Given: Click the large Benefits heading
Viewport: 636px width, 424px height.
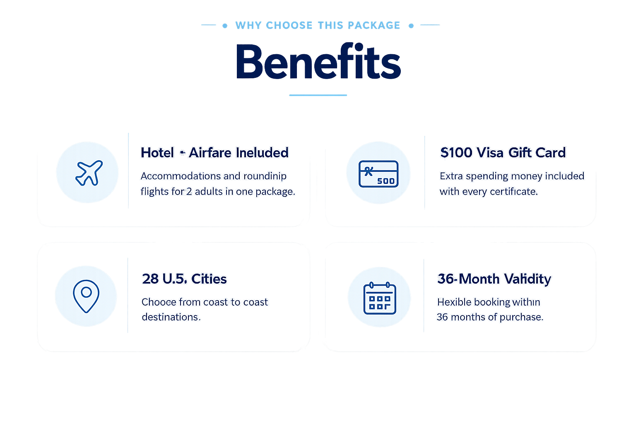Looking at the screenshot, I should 318,62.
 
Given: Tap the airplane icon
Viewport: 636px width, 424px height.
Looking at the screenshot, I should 89,173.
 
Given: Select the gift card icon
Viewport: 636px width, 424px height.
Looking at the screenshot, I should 378,174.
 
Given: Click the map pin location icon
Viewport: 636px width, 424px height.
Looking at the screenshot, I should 86,296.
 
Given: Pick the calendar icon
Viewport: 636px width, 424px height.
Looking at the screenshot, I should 380,298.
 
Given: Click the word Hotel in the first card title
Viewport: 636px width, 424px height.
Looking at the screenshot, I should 157,153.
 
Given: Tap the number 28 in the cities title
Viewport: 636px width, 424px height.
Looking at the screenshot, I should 150,279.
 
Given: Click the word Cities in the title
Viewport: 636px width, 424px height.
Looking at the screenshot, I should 209,279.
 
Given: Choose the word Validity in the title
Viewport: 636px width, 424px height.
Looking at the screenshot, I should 528,279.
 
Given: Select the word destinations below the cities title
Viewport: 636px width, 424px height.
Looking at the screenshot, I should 171,317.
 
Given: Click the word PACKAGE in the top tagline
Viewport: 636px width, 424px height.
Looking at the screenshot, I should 374,25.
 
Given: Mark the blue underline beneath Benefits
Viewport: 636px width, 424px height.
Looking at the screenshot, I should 318,95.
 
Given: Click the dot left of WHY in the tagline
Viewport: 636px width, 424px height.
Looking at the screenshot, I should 225,26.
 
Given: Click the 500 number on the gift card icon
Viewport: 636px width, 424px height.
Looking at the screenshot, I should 386,181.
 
